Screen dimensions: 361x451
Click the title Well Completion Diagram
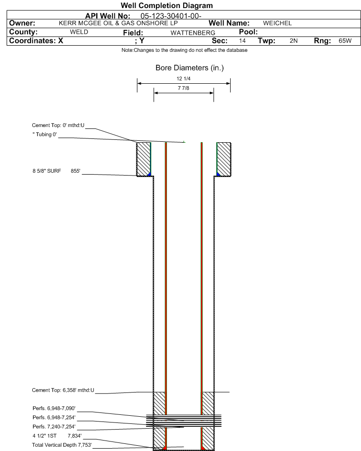(167, 5)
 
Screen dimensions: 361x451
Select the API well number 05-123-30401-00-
(171, 16)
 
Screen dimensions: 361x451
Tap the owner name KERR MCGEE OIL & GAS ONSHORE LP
(118, 23)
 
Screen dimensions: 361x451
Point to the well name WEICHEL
(277, 23)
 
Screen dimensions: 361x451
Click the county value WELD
(79, 32)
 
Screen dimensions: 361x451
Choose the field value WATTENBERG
(193, 33)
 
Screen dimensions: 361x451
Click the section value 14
(242, 41)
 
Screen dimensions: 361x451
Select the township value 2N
(293, 41)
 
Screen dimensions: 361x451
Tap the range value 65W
(345, 41)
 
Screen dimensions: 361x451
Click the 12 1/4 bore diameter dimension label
(184, 78)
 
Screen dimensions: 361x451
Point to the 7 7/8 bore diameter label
(184, 88)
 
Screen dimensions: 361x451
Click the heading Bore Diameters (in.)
(190, 68)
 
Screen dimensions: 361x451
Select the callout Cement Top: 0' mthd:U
(58, 126)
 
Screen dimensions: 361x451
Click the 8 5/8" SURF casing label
(47, 171)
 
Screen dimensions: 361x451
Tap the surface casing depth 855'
(75, 171)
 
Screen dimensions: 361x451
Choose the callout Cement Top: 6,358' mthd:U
(63, 390)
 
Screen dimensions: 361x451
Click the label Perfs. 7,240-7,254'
(54, 427)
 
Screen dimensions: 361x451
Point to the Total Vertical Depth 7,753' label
(62, 445)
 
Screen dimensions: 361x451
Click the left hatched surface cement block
(144, 159)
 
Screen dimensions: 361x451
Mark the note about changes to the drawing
(185, 50)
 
